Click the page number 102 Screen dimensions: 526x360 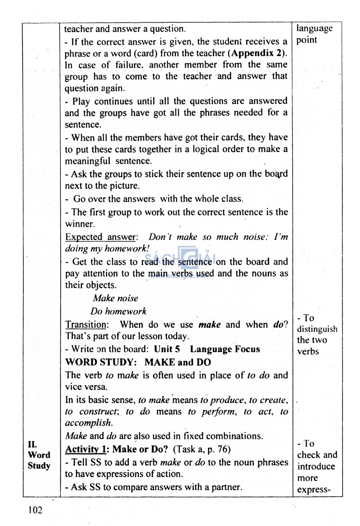coord(36,510)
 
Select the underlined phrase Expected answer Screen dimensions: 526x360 coord(101,237)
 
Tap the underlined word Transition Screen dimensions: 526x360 coord(86,324)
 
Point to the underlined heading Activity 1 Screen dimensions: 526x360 coord(86,449)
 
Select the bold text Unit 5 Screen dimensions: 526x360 coord(167,349)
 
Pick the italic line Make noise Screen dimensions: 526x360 coord(115,298)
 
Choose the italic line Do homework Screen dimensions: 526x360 coord(118,311)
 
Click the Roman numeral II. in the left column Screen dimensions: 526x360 coord(32,444)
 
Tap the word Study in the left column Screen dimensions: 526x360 coord(39,466)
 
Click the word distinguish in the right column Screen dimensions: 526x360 coord(317,329)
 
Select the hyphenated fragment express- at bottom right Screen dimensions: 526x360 coord(314,489)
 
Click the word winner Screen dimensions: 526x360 coord(80,224)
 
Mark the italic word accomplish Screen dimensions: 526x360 coord(89,423)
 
